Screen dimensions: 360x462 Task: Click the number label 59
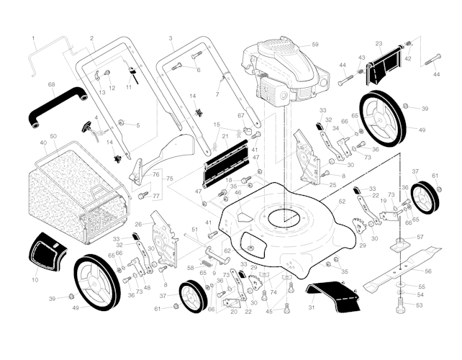coord(314,45)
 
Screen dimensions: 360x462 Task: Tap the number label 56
coord(429,271)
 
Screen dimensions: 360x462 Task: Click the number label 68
coord(51,85)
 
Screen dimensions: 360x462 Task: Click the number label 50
coord(53,136)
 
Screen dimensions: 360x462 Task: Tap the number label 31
coord(312,308)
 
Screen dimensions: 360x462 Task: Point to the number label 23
coord(379,44)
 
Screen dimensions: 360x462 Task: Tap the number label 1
coord(33,37)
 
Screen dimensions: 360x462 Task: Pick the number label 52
coord(342,202)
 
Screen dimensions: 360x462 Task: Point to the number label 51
coord(194,229)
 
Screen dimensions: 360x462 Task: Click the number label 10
coord(35,279)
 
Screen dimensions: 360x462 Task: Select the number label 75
coord(169,179)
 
